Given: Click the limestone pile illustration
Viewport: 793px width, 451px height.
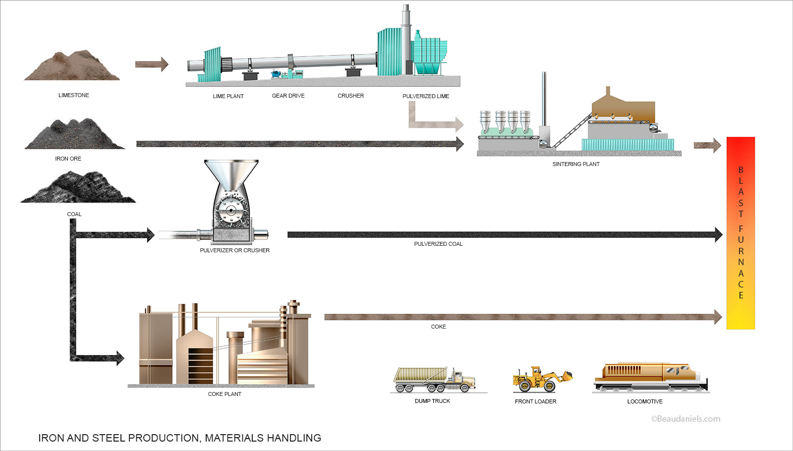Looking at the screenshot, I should point(72,66).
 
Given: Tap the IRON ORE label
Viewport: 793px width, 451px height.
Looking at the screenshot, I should point(68,159).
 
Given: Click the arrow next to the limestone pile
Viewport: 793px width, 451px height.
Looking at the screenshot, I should point(152,64).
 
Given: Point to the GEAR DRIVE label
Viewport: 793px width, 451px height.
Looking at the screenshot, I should point(288,96).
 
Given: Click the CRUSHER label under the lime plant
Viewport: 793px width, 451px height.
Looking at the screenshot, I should point(350,96).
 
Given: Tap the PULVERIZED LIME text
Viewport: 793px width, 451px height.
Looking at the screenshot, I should point(426,96).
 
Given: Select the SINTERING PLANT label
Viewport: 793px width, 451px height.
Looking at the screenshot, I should point(576,164).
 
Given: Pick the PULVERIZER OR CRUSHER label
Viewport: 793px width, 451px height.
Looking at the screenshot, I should point(234,250).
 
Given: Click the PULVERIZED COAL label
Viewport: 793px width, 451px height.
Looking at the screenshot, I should point(438,244).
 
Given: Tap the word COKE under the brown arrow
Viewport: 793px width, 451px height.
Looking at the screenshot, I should point(438,327).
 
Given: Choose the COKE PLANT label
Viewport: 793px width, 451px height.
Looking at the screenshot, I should point(225,394).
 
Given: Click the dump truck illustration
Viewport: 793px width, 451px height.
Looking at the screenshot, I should point(434,380).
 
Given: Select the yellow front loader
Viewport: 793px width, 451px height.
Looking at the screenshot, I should point(542,380).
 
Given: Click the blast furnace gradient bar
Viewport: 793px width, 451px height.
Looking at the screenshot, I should point(740,233).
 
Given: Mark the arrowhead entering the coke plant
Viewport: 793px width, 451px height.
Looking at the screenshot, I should point(119,358).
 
